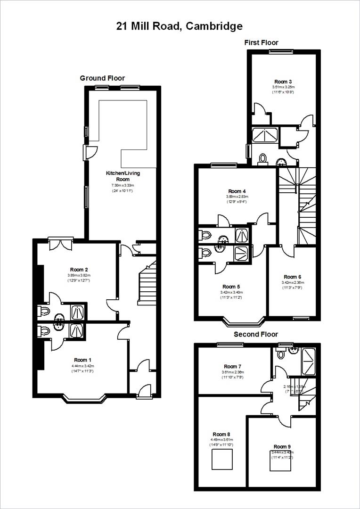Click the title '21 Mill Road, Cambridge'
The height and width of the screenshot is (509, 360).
(x=180, y=26)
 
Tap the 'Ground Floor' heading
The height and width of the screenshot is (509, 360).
(x=102, y=78)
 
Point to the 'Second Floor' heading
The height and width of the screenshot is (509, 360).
(x=256, y=335)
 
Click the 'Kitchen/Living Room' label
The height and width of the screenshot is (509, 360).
(x=123, y=176)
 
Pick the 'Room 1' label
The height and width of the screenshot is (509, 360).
(x=80, y=360)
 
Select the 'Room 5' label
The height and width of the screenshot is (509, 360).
(x=231, y=287)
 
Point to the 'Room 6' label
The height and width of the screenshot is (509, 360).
(x=292, y=277)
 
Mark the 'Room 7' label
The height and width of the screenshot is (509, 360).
(x=232, y=366)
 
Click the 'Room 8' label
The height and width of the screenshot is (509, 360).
(x=221, y=434)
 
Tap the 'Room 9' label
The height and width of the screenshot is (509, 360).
(x=282, y=446)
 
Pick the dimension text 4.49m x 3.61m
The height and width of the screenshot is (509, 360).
(x=221, y=440)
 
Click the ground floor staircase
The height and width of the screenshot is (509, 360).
(x=148, y=283)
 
